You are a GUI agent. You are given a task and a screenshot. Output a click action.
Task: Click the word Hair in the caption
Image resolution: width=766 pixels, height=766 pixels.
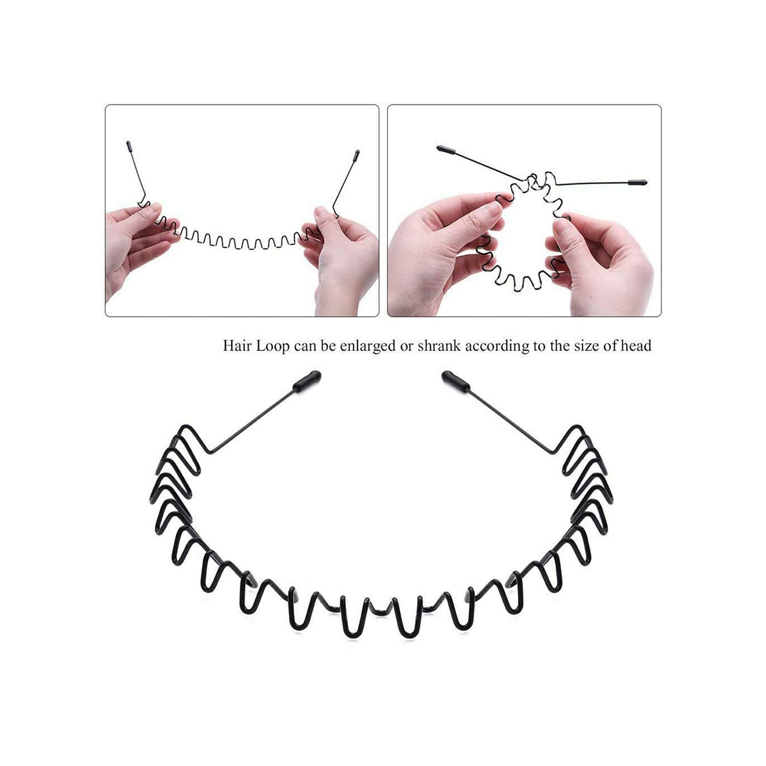pyautogui.click(x=237, y=346)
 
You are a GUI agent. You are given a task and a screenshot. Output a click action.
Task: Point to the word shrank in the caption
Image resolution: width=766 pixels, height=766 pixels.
pyautogui.click(x=439, y=346)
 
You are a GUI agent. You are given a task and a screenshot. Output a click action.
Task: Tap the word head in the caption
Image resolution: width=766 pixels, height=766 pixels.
pyautogui.click(x=636, y=346)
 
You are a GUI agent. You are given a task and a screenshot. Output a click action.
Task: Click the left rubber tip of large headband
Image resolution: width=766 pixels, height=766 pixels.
pyautogui.click(x=307, y=379)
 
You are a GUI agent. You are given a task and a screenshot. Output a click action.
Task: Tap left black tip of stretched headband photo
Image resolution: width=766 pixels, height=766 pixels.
pyautogui.click(x=128, y=148)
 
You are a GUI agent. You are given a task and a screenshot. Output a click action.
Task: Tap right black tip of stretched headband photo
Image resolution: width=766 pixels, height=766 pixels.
pyautogui.click(x=356, y=155)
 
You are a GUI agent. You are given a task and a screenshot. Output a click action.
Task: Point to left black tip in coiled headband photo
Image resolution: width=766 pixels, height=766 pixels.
pyautogui.click(x=446, y=150)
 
